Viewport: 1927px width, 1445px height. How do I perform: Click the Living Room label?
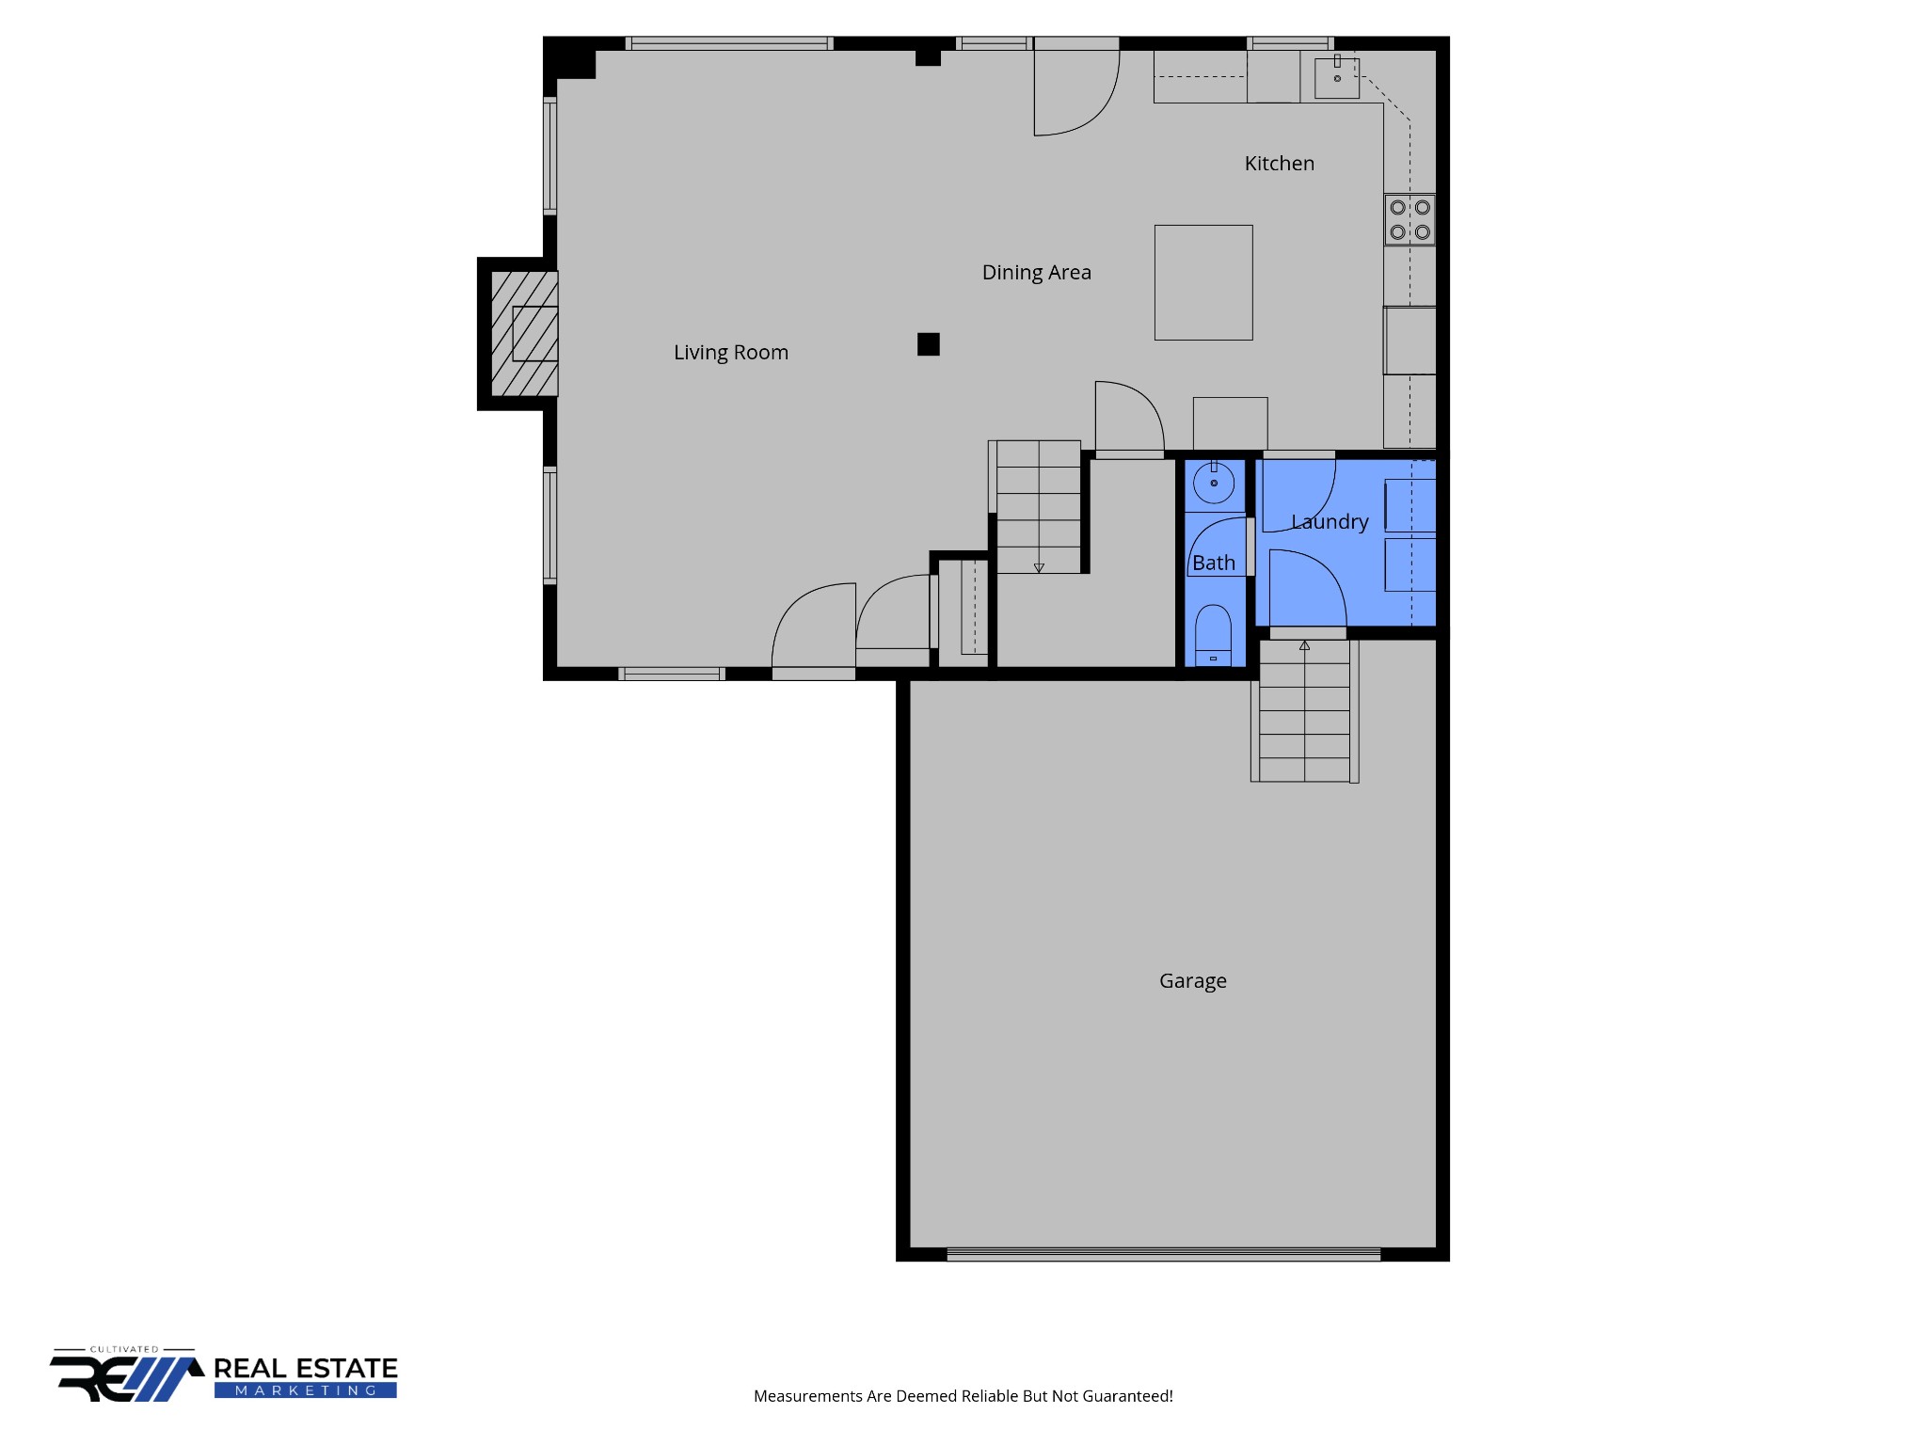pos(731,353)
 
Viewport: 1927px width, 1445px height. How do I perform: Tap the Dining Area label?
pos(1037,273)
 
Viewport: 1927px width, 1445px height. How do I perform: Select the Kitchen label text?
pos(1280,164)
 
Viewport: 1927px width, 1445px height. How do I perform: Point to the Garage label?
pos(1193,981)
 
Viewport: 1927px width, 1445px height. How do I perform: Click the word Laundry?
pos(1330,522)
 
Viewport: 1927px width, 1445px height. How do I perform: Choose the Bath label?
pos(1214,563)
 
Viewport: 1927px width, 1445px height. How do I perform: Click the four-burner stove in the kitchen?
pos(1409,219)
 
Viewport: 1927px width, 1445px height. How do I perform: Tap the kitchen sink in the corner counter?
pos(1337,77)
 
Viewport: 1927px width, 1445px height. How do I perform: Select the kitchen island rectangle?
pos(1203,282)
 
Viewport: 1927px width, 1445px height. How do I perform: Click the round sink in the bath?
pos(1214,484)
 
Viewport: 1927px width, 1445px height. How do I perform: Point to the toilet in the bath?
pos(1213,635)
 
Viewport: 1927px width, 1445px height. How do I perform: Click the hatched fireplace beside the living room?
pos(524,334)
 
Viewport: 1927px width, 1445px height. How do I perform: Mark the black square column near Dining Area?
pos(929,344)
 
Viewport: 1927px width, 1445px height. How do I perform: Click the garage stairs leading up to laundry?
pos(1304,711)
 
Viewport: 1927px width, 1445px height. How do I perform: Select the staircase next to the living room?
pos(1039,506)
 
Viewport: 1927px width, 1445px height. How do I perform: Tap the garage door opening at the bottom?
pos(1163,1254)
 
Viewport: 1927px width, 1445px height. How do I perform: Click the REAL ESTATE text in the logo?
pos(306,1369)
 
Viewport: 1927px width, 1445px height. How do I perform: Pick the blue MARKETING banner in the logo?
pos(306,1390)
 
